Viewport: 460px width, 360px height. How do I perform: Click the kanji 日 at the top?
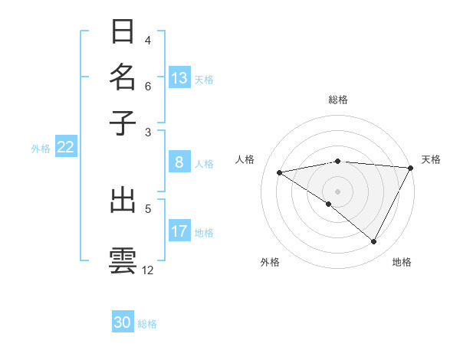123,33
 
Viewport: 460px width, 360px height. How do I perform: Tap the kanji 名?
123,77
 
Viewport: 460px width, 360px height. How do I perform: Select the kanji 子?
123,122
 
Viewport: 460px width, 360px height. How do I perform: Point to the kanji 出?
123,201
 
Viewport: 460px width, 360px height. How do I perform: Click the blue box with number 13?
179,77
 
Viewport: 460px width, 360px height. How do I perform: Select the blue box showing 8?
179,162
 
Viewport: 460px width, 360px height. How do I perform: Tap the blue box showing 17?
179,231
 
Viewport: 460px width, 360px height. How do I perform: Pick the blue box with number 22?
65,148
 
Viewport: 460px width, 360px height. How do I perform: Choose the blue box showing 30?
123,322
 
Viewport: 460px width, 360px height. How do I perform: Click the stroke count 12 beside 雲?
148,270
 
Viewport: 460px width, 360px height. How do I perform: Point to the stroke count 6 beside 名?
148,87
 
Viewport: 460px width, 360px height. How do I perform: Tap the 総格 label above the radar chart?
338,100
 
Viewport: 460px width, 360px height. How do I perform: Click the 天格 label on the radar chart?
431,159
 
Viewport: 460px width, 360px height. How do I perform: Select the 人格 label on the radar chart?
245,159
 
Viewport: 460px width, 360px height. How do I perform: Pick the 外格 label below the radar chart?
269,263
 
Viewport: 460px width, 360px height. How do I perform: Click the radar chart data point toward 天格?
411,167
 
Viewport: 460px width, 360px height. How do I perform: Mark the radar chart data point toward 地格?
374,242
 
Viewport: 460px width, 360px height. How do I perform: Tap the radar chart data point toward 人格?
279,172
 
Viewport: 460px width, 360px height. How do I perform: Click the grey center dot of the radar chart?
338,191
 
